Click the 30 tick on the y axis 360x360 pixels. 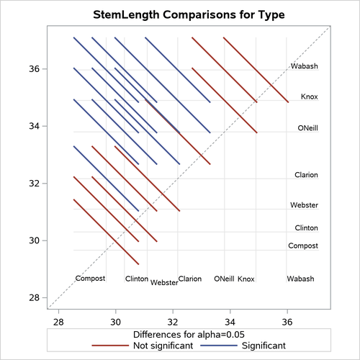[35, 240]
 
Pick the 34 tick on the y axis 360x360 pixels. [35, 126]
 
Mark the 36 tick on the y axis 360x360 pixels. [35, 69]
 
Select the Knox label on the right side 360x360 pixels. [309, 96]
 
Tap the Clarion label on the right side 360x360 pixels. [306, 175]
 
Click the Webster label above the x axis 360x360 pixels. [164, 283]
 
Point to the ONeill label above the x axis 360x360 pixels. [224, 279]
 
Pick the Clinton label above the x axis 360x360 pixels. [136, 279]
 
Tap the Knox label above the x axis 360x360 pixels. [246, 279]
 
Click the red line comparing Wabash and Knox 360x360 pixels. [256, 70]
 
